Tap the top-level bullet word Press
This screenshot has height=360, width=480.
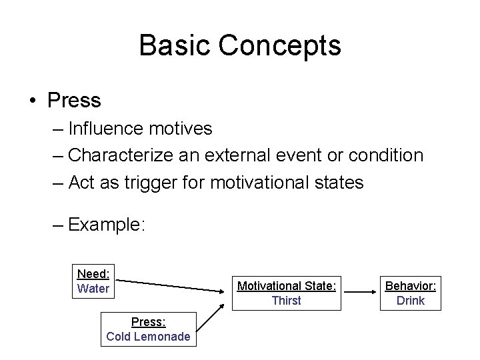[74, 101]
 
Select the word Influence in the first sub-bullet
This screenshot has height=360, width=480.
[112, 128]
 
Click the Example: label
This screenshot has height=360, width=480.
[106, 225]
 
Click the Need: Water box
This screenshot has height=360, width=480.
[94, 281]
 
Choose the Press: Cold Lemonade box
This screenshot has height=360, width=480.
[148, 329]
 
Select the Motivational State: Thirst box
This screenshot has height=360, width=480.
[286, 293]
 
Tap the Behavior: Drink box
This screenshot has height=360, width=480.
[410, 293]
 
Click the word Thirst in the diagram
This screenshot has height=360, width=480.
[286, 301]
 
